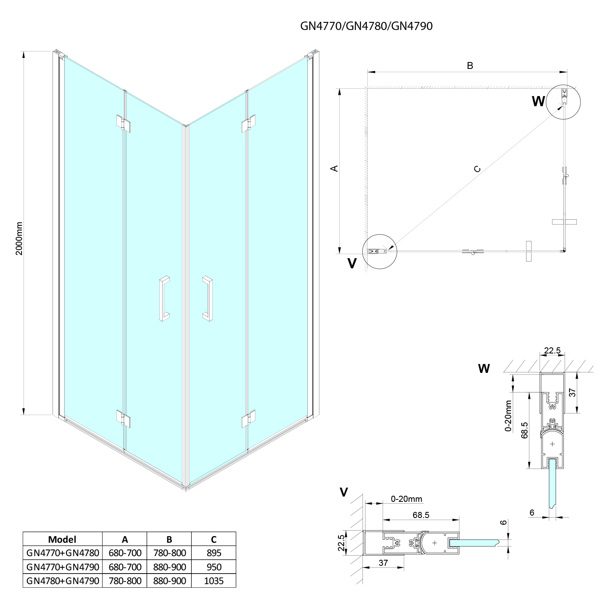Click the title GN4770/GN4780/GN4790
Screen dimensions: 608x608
(366, 26)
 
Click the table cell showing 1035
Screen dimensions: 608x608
(214, 580)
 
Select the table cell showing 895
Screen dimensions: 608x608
(214, 553)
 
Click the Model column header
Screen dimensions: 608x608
(62, 539)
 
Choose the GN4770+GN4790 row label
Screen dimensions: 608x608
(62, 567)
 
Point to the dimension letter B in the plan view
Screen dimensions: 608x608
(470, 66)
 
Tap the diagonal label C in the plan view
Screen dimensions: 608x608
(477, 169)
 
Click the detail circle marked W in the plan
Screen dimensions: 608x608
(563, 102)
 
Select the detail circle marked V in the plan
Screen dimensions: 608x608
(379, 251)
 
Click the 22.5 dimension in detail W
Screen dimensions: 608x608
(552, 351)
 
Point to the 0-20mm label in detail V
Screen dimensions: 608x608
(407, 499)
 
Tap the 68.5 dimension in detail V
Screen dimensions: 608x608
(421, 515)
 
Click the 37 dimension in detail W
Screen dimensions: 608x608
(572, 392)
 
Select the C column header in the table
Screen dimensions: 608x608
(214, 539)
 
